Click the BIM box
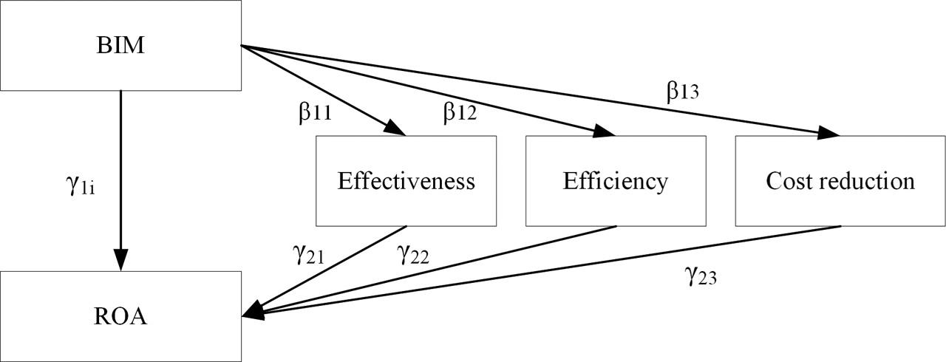tap(120, 46)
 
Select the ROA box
tap(120, 316)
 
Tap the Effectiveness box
tap(406, 181)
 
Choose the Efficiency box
tap(616, 181)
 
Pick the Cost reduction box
tap(840, 181)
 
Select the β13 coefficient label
tap(682, 92)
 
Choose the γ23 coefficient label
tap(701, 277)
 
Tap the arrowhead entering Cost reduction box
tap(830, 133)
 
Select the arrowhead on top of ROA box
tap(120, 260)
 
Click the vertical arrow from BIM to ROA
tap(120, 177)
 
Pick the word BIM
tap(120, 46)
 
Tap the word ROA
tap(120, 317)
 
